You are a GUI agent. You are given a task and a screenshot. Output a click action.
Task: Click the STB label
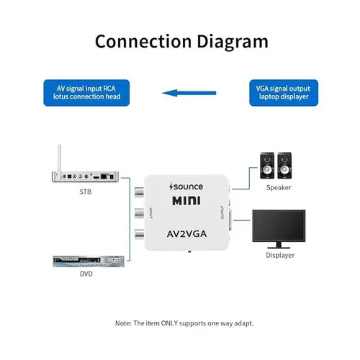[86, 192]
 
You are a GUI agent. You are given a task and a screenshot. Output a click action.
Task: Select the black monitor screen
[278, 225]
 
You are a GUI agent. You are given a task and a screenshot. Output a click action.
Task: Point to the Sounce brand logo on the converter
[180, 186]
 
